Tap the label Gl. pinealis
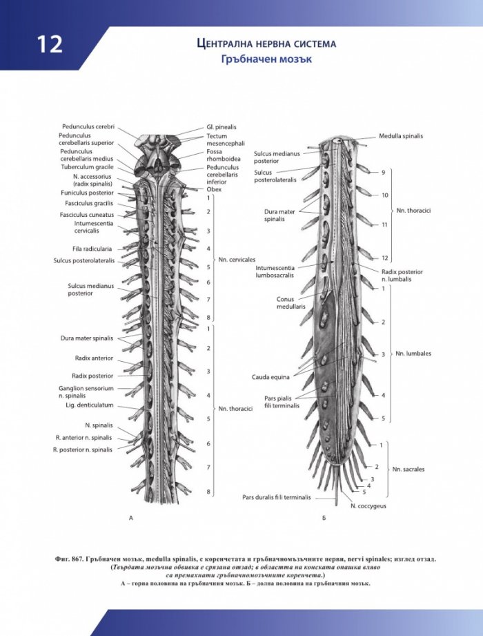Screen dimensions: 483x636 tap(221, 127)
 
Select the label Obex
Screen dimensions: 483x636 tap(214, 189)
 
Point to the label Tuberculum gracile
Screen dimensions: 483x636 tap(88, 166)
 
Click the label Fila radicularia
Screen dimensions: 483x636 tap(92, 249)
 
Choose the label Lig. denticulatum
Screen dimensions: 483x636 tap(90, 405)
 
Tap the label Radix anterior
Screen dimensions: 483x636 tap(94, 358)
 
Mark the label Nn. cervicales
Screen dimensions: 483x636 tap(237, 260)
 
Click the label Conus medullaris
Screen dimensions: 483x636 tap(291, 303)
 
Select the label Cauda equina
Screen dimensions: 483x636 tap(270, 377)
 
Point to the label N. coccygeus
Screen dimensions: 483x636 tap(368, 506)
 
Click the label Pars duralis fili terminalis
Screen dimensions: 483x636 tap(277, 497)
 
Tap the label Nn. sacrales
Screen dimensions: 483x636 tap(408, 470)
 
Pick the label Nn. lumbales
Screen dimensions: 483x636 tap(413, 354)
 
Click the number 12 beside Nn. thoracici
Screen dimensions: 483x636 tap(385, 258)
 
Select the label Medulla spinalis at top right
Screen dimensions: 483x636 tap(401, 136)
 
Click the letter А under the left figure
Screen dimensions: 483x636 tap(131, 518)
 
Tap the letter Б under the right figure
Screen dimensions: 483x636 tap(324, 518)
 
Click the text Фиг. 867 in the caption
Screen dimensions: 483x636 tap(69, 559)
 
